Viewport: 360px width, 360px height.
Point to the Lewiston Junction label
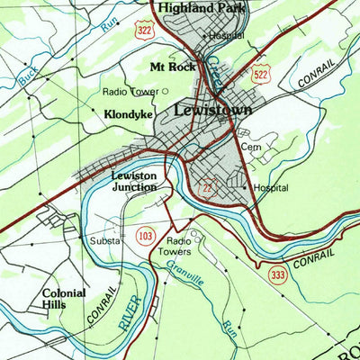tap(135, 181)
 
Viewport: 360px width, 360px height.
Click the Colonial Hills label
tap(64, 299)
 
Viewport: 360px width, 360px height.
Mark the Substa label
tap(103, 241)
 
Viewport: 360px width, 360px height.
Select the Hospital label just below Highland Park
tap(226, 36)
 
